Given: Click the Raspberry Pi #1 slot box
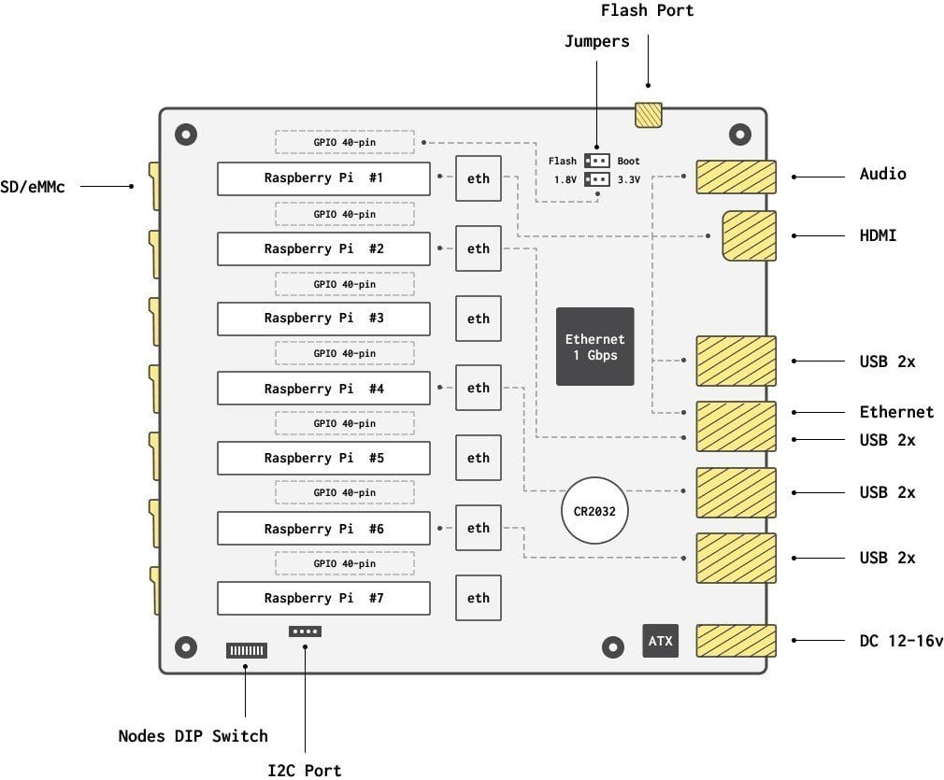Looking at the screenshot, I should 323,178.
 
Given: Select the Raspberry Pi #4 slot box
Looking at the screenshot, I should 323,389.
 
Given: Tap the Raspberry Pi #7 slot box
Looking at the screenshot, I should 323,598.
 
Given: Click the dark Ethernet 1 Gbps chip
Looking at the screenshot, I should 594,347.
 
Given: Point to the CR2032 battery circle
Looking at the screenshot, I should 594,511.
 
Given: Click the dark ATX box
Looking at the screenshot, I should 660,641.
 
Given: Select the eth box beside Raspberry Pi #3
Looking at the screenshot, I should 479,319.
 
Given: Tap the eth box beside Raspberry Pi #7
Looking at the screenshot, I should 479,598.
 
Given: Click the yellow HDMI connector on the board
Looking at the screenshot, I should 750,235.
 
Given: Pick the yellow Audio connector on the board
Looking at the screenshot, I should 737,177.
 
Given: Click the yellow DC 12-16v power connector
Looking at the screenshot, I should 737,641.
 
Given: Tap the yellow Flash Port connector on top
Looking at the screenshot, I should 649,115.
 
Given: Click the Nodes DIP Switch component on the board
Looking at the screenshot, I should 247,650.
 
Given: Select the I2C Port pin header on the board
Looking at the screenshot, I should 306,631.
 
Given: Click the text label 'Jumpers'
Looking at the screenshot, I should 597,42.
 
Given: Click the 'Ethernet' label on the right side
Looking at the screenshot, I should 896,412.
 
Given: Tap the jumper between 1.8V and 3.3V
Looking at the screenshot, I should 597,179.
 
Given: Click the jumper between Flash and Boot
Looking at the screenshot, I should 597,161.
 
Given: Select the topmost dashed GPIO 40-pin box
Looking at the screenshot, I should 345,143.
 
